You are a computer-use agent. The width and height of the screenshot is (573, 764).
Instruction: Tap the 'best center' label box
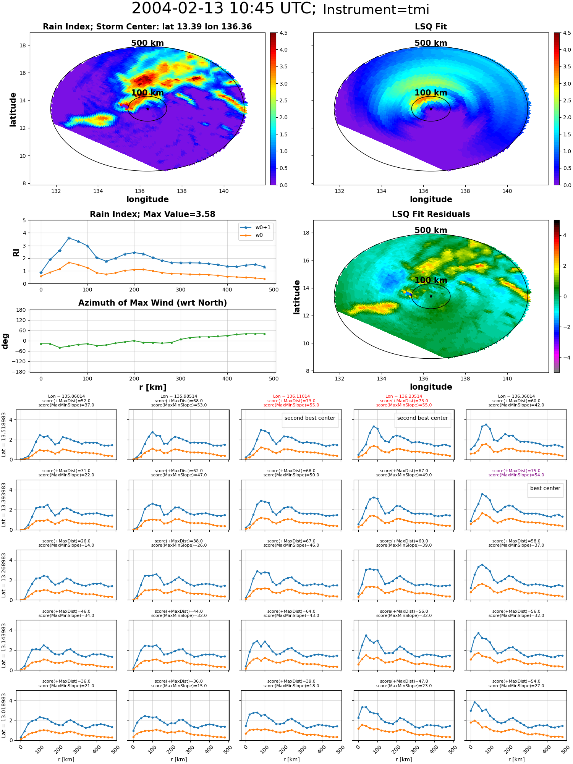pos(545,488)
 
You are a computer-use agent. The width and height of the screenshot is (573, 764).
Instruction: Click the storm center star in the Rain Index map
pos(147,109)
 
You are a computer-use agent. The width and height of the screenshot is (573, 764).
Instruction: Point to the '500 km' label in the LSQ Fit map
pos(431,43)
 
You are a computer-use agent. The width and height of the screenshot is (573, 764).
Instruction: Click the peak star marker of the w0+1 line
pos(69,238)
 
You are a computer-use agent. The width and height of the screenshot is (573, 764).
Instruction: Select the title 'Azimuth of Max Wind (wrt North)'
pos(152,303)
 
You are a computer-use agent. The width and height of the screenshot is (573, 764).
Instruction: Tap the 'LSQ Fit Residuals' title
pos(431,214)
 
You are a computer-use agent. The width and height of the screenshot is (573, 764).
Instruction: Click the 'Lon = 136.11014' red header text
pos(291,397)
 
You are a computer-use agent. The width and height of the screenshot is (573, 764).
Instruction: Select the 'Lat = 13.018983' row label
pos(4,715)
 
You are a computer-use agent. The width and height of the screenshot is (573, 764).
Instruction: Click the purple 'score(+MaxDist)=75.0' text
pos(516,471)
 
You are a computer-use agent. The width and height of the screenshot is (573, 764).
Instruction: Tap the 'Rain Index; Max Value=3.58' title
pos(152,214)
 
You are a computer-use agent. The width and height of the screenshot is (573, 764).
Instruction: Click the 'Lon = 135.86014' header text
pos(66,397)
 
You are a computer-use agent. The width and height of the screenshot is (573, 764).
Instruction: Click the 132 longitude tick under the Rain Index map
pos(56,191)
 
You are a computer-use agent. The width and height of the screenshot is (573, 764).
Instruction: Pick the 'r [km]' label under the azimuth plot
pos(152,387)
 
